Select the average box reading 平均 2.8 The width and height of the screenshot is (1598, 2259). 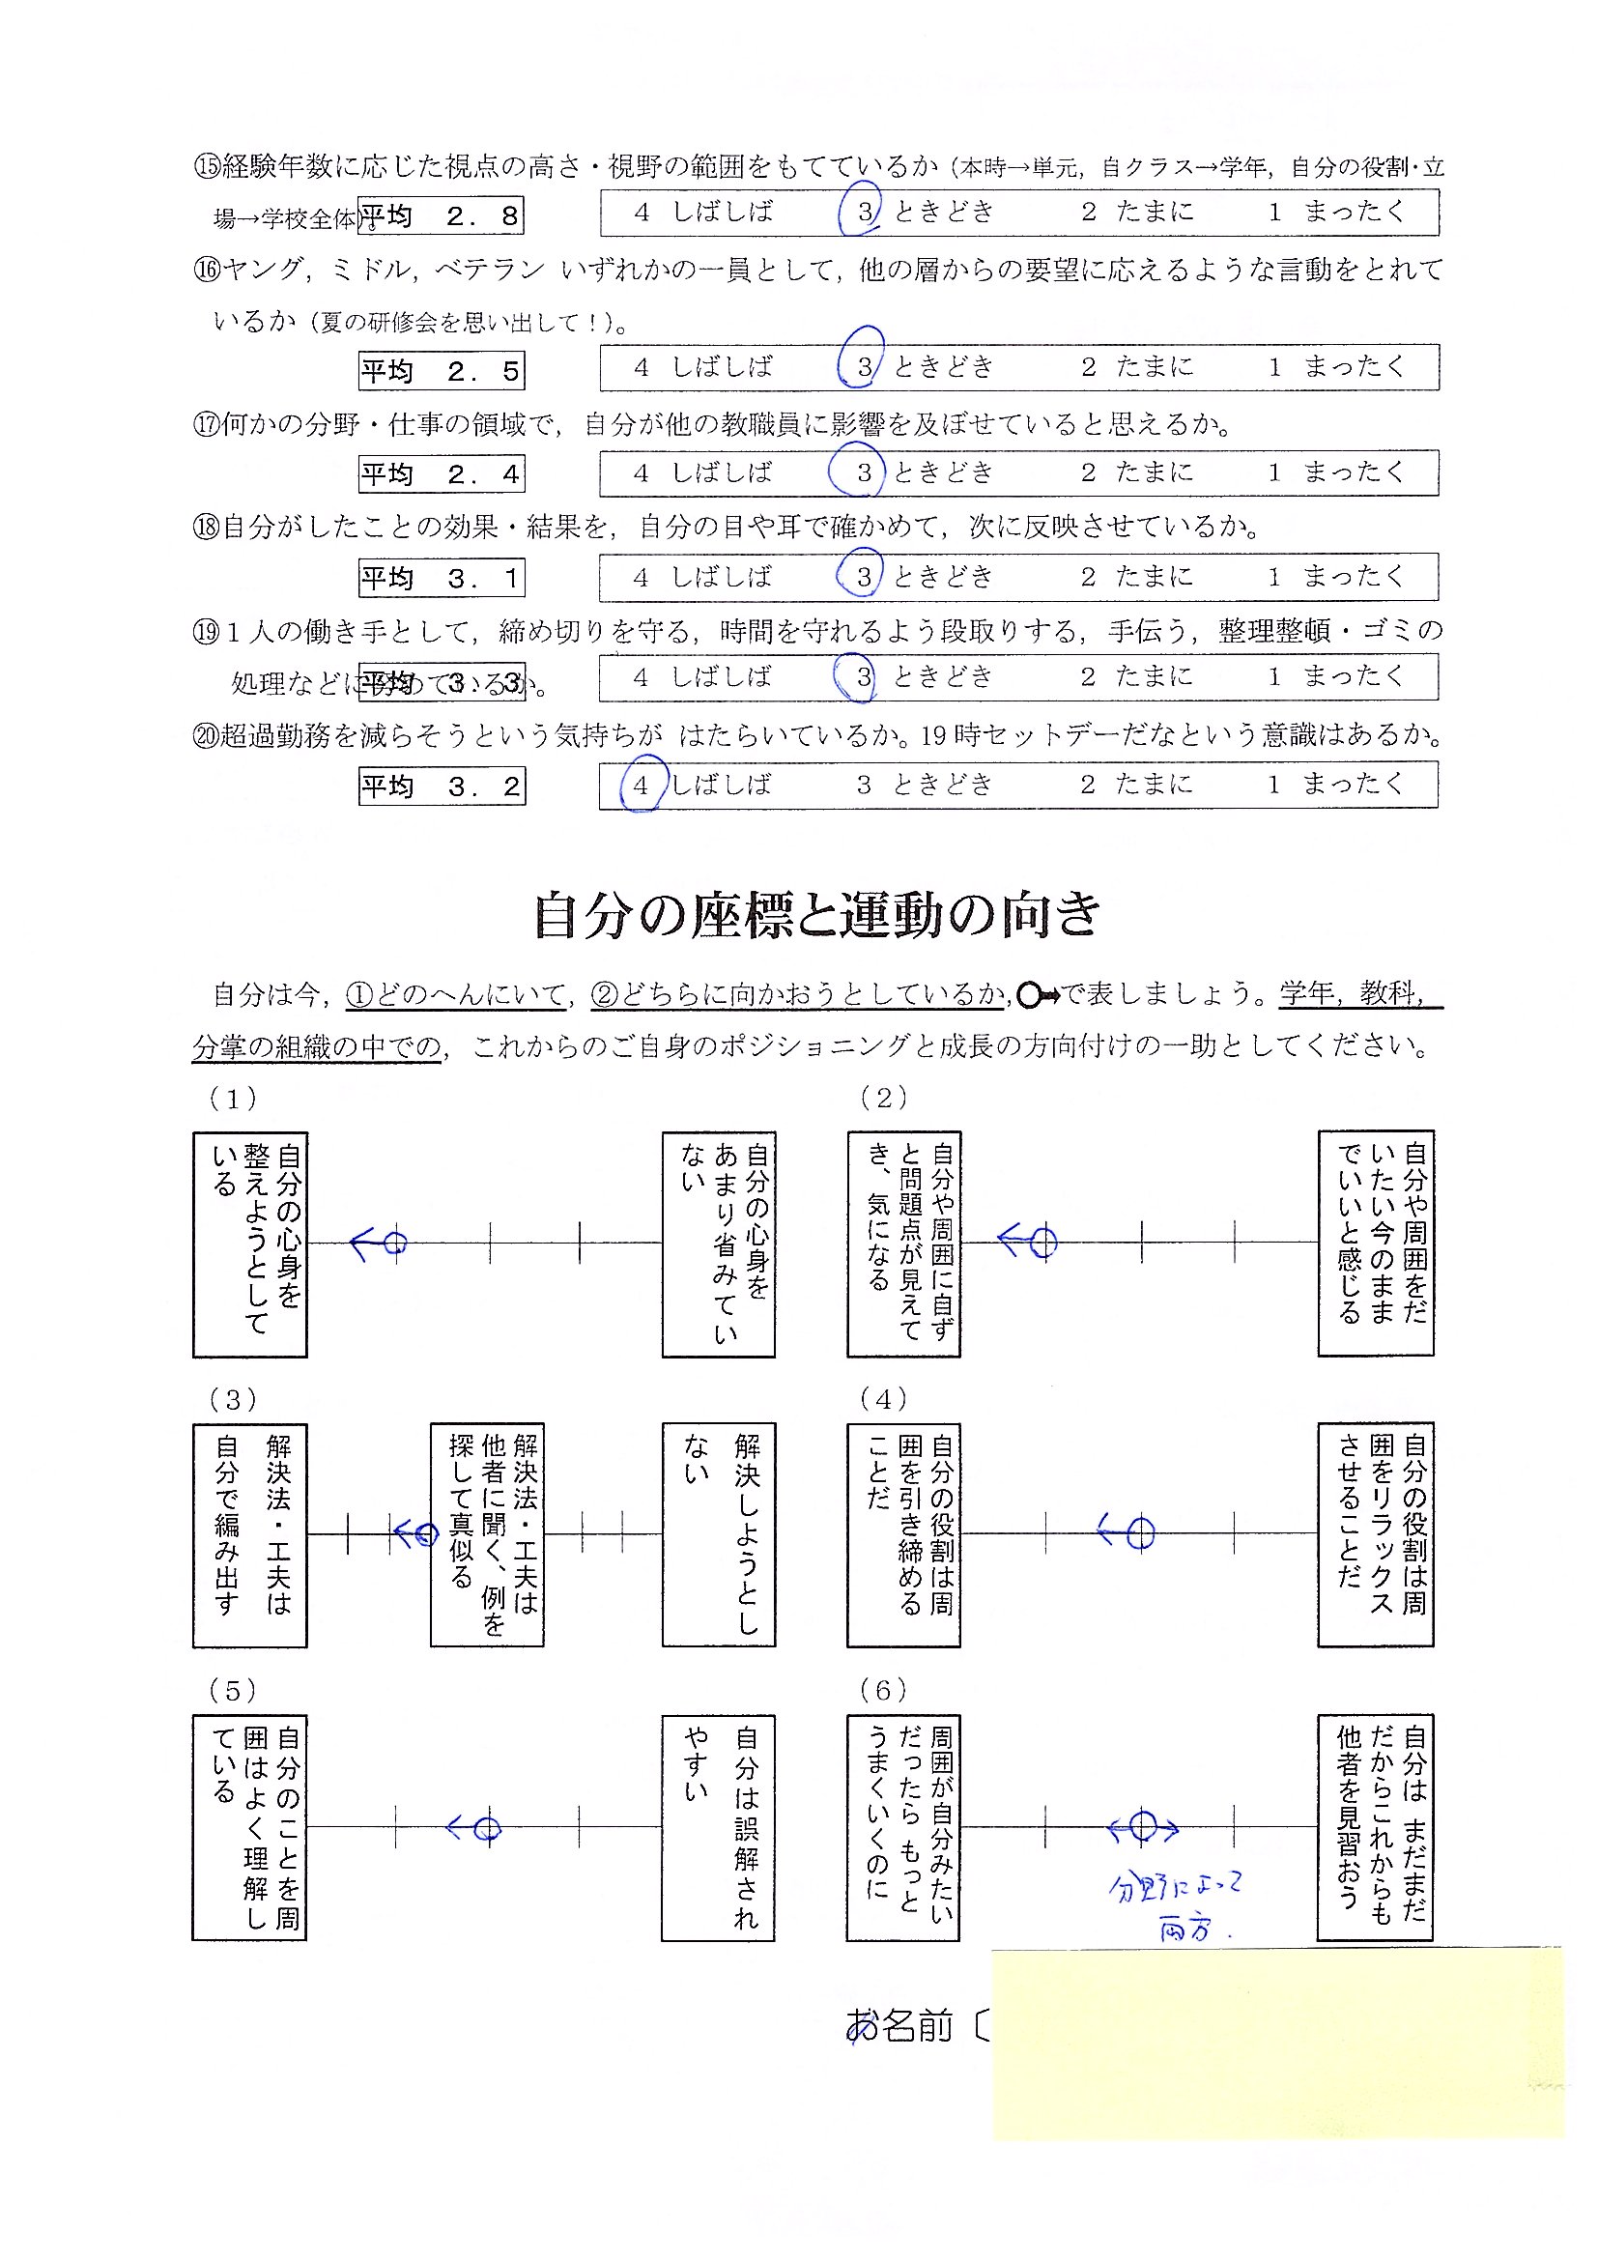click(x=440, y=215)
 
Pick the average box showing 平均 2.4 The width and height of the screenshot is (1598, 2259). click(x=441, y=473)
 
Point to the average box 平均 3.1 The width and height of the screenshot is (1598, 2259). click(x=441, y=578)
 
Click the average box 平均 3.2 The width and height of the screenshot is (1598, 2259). click(x=441, y=786)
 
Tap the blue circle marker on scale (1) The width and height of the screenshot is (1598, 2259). click(x=394, y=1244)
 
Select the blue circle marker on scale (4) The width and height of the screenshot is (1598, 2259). click(x=1139, y=1532)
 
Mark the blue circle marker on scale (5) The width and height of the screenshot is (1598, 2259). click(x=486, y=1828)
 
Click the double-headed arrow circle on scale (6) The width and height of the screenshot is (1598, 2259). click(x=1141, y=1827)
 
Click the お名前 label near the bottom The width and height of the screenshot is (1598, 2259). click(x=899, y=2026)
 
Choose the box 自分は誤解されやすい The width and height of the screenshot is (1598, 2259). click(x=718, y=1828)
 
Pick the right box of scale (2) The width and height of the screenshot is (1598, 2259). click(x=1376, y=1243)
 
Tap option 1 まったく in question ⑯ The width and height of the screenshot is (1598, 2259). click(x=1336, y=367)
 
